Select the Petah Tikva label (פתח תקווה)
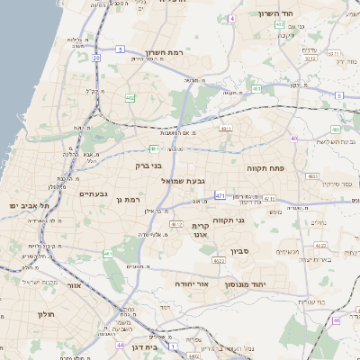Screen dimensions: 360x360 (x=265, y=168)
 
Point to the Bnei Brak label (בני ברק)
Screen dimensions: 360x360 (x=148, y=166)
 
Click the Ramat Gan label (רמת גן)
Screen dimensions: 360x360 (x=130, y=199)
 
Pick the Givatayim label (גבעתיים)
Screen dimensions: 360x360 (x=94, y=193)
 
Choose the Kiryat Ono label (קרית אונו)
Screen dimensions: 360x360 (x=200, y=229)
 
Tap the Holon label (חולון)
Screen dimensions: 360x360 (x=46, y=313)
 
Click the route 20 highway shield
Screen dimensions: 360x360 (x=95, y=58)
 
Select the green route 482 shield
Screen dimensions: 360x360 (x=130, y=97)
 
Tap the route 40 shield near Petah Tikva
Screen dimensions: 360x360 (x=294, y=138)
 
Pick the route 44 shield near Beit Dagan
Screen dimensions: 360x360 (x=120, y=344)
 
